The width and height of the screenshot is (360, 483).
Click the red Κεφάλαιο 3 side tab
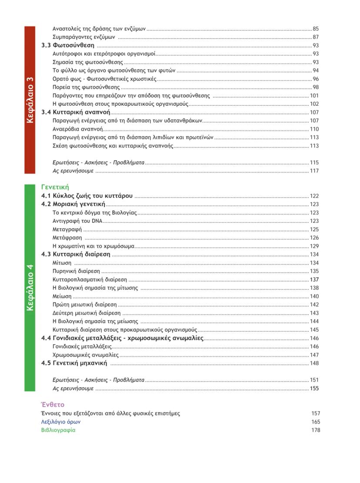coord(30,100)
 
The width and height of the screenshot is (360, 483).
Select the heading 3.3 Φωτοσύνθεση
coord(68,45)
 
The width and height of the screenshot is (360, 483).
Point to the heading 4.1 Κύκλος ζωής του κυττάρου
coord(87,196)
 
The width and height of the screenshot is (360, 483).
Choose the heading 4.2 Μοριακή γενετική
coord(73,204)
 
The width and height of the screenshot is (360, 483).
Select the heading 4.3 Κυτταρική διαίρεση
coord(76,254)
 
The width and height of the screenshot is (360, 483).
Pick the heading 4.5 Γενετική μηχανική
coord(74,363)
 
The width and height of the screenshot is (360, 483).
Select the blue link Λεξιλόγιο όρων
coord(61,422)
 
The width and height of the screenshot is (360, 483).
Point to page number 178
coord(316,430)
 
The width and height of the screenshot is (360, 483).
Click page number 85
coord(316,29)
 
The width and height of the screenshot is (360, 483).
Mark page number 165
coord(316,422)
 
